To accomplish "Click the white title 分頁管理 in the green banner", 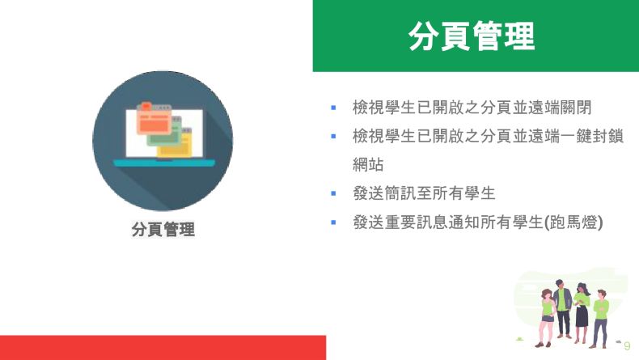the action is click(472, 36).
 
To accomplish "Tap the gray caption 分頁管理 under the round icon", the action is click(163, 229).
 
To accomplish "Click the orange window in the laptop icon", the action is click(153, 118).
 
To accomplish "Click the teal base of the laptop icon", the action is click(164, 163).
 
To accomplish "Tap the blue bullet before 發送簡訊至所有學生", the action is click(333, 193).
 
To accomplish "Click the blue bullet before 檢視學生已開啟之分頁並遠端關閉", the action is click(333, 108).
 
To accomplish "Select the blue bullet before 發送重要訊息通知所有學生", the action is click(333, 222).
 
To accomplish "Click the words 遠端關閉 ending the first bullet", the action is click(560, 108).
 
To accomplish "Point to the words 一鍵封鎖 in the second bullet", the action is click(592, 136).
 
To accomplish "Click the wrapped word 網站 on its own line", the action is click(368, 165).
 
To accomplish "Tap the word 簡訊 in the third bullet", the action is click(400, 193).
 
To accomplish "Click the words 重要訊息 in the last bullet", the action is click(416, 222).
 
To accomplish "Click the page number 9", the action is click(627, 346).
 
